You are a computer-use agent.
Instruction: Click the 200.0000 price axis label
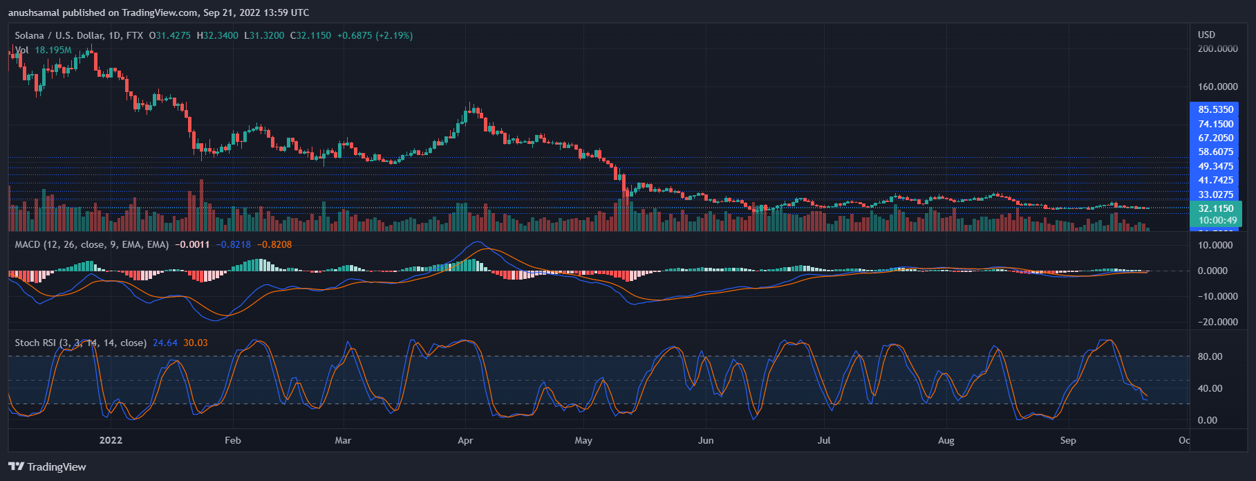[1217, 48]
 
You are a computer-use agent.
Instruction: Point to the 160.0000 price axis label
[1217, 87]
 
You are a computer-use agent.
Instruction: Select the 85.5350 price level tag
[1215, 109]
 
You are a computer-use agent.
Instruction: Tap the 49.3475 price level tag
[1215, 166]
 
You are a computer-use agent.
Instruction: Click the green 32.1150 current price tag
[1215, 208]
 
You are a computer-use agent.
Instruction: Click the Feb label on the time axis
[233, 440]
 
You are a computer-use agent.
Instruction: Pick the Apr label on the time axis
[465, 440]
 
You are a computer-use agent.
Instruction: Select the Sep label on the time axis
[1068, 440]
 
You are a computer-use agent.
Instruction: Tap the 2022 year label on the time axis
[111, 440]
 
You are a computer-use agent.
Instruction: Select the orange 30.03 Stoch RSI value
[196, 343]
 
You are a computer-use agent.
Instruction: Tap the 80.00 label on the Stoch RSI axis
[1210, 356]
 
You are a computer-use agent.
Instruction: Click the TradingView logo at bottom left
[47, 466]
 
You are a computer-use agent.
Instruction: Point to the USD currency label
[1206, 35]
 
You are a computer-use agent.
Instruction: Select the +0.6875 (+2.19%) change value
[375, 35]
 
